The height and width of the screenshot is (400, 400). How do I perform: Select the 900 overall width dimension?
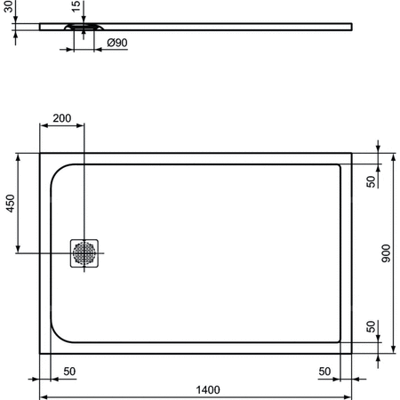386,254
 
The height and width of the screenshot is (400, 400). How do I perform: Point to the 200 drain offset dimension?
62,118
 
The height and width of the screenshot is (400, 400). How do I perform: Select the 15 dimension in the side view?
76,7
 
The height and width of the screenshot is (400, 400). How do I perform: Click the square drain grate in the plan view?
85,252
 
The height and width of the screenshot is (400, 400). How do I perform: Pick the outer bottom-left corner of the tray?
39,354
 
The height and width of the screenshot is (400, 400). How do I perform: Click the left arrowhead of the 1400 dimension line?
43,396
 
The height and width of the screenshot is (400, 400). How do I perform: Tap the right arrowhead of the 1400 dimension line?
349,396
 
